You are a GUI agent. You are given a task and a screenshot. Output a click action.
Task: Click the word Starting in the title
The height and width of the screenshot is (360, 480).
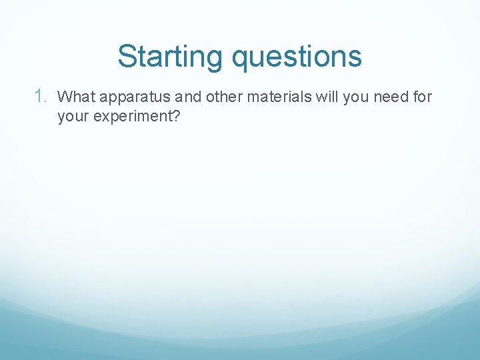pos(171,57)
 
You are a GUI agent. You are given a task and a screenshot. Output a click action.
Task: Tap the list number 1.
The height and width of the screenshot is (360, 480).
pos(41,97)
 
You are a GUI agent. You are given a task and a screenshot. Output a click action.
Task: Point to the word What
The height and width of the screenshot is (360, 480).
pos(73,97)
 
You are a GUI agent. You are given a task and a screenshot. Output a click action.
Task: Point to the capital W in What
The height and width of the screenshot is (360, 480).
pos(64,97)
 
